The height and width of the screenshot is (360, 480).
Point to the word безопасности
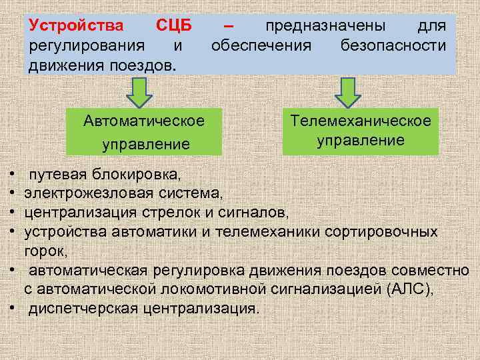pyautogui.click(x=393, y=46)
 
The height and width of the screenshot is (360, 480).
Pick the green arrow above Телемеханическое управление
pyautogui.click(x=347, y=92)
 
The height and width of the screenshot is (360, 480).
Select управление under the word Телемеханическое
pyautogui.click(x=360, y=140)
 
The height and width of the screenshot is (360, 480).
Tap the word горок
pyautogui.click(x=43, y=251)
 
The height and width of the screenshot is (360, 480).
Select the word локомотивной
pyautogui.click(x=221, y=289)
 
